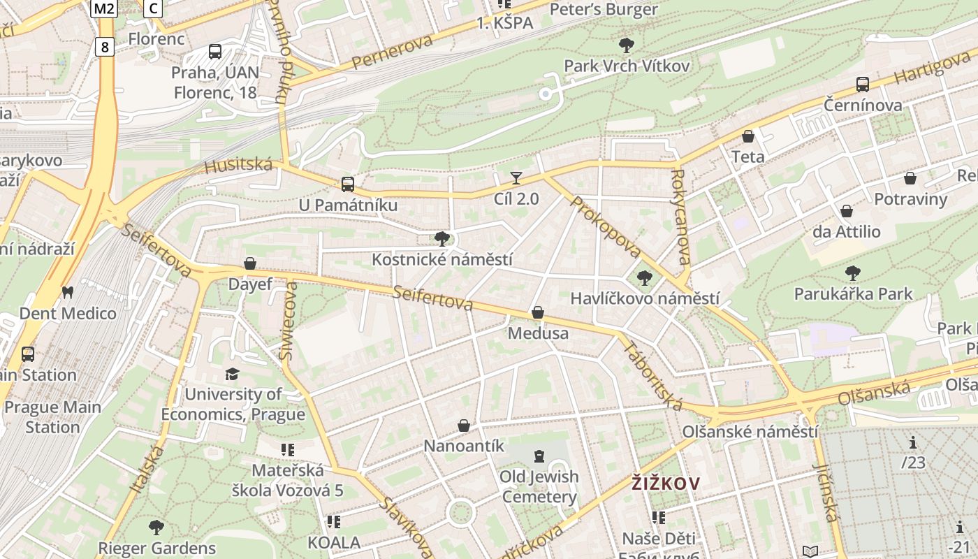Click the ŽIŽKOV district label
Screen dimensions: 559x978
666,483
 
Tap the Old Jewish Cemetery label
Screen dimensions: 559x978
539,487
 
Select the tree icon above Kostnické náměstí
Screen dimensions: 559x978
441,239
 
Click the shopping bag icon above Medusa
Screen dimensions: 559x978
538,312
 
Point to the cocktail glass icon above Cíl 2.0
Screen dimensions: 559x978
516,178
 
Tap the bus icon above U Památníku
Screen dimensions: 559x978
347,184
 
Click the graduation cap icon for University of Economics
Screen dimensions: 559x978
233,375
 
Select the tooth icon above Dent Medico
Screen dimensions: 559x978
67,292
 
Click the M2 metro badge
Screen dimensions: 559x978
104,8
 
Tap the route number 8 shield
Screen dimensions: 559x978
105,47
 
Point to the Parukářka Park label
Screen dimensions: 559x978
853,293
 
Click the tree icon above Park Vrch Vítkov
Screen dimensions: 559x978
627,46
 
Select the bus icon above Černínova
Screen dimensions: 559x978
863,85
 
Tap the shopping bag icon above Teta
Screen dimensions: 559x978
748,136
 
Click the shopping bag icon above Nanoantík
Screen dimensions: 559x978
464,426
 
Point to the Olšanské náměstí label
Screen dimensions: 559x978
750,431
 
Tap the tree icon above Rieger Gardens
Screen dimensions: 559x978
156,528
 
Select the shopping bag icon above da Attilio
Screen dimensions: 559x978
847,211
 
